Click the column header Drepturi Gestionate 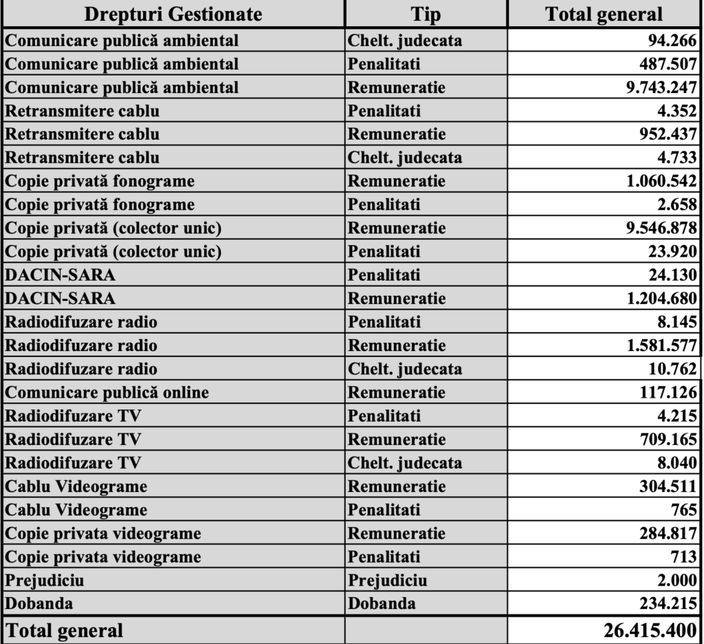coord(173,14)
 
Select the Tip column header coord(426,14)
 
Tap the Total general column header coord(604,14)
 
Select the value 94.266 coord(672,41)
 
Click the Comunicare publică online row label coord(107,392)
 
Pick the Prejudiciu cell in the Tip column coord(387,580)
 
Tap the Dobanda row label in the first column coord(38,603)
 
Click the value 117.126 coord(668,392)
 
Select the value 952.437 coord(668,134)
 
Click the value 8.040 coord(676,463)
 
